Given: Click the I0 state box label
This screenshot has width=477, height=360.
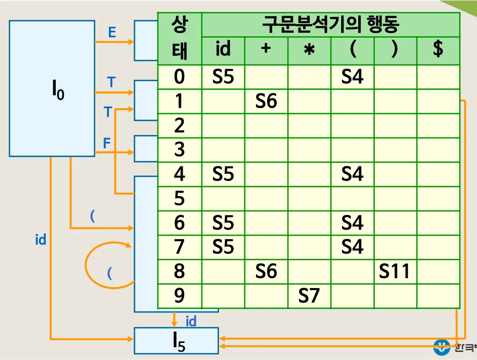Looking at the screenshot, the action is [x=58, y=91].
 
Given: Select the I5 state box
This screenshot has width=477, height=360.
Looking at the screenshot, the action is [x=176, y=340].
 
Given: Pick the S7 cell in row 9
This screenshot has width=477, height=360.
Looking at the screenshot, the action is [x=309, y=296].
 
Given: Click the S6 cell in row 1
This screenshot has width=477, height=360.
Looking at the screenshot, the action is [x=266, y=101].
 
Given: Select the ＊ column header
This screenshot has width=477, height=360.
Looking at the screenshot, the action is [x=309, y=50].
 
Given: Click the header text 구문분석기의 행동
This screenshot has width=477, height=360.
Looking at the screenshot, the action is [x=331, y=23].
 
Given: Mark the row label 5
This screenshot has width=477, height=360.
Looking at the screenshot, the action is [x=179, y=199].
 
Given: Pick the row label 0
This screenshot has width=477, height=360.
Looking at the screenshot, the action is [x=179, y=77].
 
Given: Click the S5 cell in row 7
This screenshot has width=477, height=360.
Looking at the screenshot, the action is [x=223, y=247].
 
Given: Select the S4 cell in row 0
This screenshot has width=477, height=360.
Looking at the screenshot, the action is [x=352, y=77].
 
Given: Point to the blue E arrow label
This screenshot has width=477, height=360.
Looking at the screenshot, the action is [x=112, y=33].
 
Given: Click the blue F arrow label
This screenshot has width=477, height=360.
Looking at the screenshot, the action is [x=107, y=143].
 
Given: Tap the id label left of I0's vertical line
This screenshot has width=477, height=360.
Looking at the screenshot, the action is [x=41, y=240].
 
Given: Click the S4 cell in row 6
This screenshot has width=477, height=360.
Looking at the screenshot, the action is [x=352, y=223].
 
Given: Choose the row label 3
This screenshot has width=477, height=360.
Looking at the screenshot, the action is [x=179, y=150].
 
